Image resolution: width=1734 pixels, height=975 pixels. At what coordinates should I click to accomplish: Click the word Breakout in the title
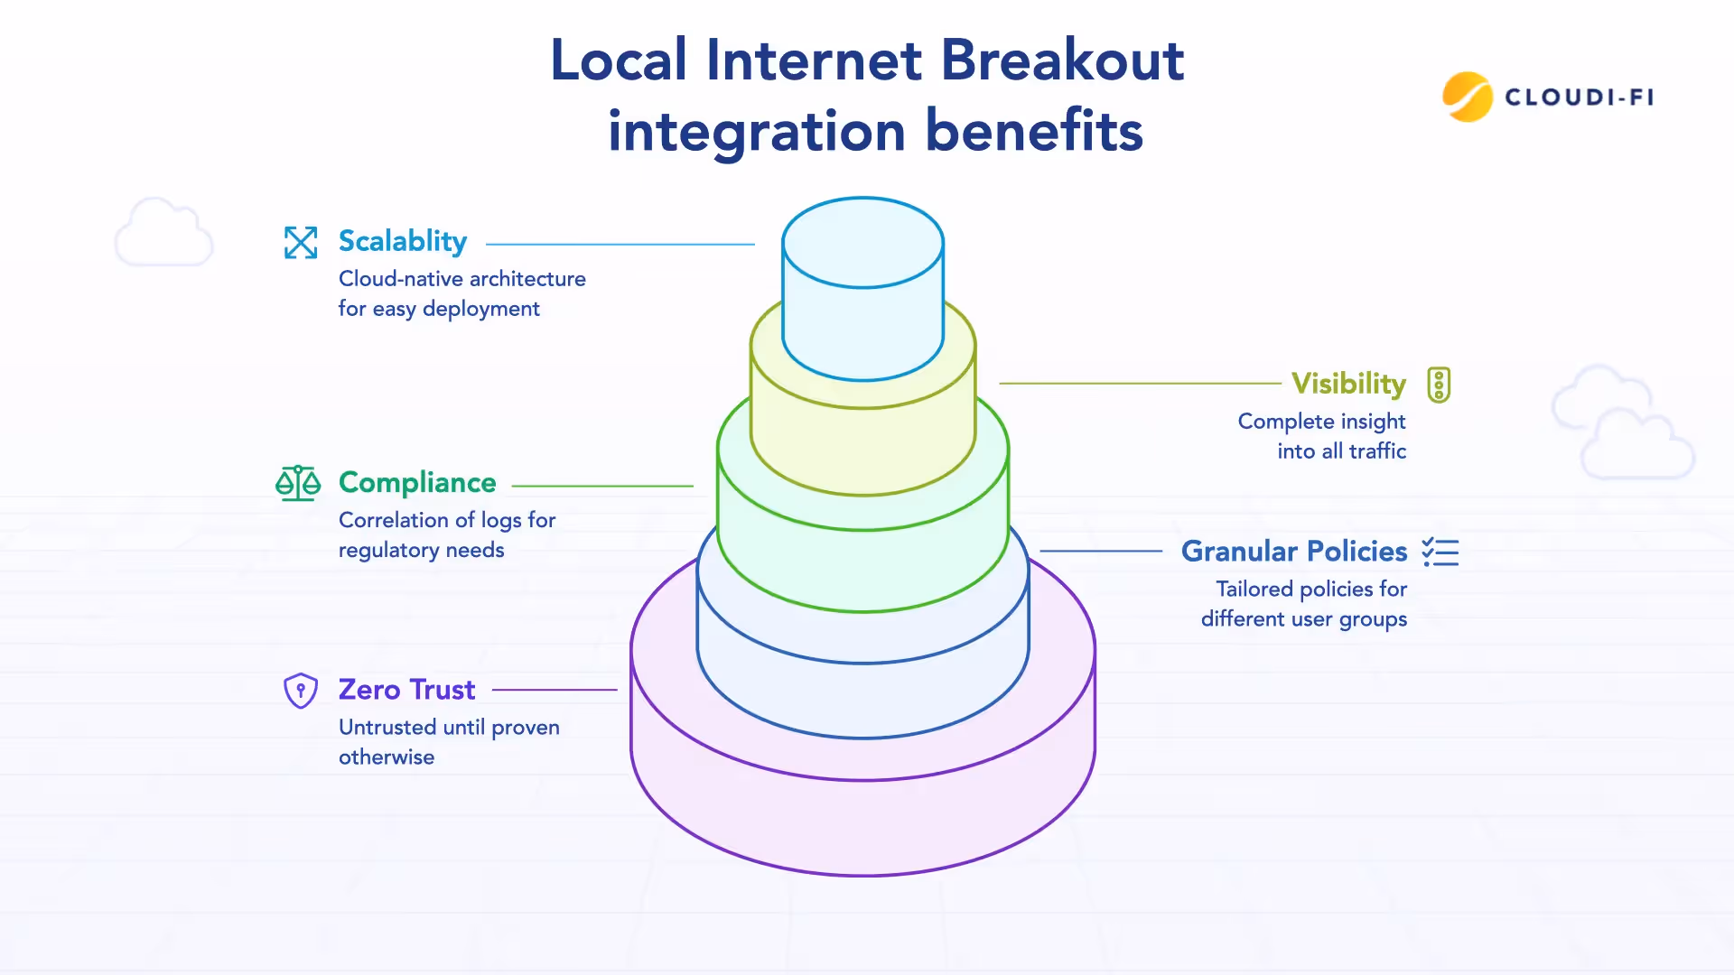coord(1062,60)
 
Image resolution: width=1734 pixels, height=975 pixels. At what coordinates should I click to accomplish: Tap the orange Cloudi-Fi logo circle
coord(1467,97)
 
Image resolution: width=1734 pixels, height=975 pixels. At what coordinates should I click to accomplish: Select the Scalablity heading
coord(403,241)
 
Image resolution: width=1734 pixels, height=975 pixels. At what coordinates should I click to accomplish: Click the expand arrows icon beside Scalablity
coord(301,242)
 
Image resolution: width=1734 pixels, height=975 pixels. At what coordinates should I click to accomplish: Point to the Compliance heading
coord(417,483)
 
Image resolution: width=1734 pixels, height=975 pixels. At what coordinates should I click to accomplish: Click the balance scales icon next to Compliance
coord(298,483)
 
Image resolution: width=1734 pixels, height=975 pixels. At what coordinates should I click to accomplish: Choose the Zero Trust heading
coord(406,690)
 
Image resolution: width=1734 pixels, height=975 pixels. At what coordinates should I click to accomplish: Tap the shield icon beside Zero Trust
coord(301,691)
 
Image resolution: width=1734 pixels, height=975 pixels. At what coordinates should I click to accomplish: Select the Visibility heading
coord(1348,384)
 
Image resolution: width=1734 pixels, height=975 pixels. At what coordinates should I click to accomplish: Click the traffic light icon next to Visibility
coord(1439,385)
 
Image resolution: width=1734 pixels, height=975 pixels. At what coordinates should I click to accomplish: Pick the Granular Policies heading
coord(1294,551)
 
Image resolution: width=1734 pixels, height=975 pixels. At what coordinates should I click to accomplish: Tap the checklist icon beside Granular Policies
coord(1440,552)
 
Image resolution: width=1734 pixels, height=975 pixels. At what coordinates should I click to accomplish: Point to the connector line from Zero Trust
coord(555,690)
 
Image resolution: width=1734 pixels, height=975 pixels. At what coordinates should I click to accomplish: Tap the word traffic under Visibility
coord(1377,451)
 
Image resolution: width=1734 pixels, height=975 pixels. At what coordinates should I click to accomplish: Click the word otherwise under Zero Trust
coord(387,757)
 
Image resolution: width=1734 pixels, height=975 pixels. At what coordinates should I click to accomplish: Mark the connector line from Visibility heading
coord(1140,384)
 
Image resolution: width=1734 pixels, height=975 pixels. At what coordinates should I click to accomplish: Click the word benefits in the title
coord(1034,131)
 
